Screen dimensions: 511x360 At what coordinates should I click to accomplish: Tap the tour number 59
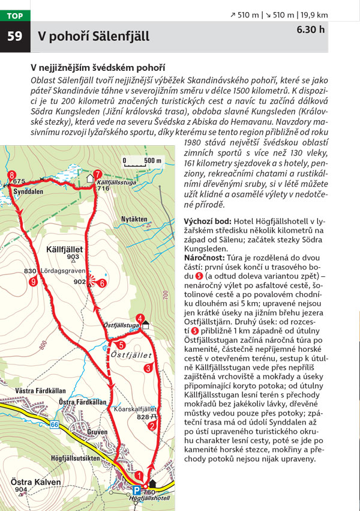click(x=14, y=37)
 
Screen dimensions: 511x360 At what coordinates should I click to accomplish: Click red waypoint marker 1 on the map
click(x=139, y=475)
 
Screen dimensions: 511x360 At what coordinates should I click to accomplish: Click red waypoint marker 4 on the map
click(x=140, y=318)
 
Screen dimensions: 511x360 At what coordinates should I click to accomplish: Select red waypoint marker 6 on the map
click(x=103, y=283)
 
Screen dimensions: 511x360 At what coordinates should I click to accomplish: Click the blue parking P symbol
click(x=136, y=489)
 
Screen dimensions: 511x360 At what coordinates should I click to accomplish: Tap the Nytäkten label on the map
click(x=133, y=219)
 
